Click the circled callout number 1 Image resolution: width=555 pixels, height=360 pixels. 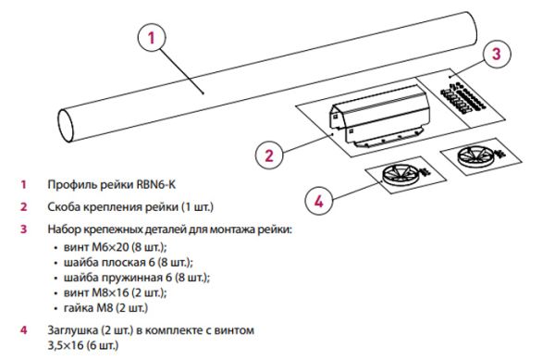[x=152, y=38]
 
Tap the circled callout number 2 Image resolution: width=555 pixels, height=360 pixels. [x=269, y=155]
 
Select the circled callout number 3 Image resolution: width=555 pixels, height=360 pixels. [x=497, y=54]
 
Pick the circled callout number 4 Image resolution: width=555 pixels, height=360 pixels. [x=319, y=202]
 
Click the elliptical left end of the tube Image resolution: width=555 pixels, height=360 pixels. [x=66, y=126]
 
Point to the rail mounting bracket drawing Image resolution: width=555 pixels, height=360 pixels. [x=379, y=116]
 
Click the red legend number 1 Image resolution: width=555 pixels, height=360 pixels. [x=23, y=184]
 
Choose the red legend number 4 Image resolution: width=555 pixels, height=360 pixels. [x=23, y=329]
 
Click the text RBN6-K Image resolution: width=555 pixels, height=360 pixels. [x=155, y=184]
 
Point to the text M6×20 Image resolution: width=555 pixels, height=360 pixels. [x=110, y=247]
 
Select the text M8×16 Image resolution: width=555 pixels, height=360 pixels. [x=110, y=292]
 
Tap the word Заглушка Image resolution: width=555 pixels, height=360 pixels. [x=72, y=330]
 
